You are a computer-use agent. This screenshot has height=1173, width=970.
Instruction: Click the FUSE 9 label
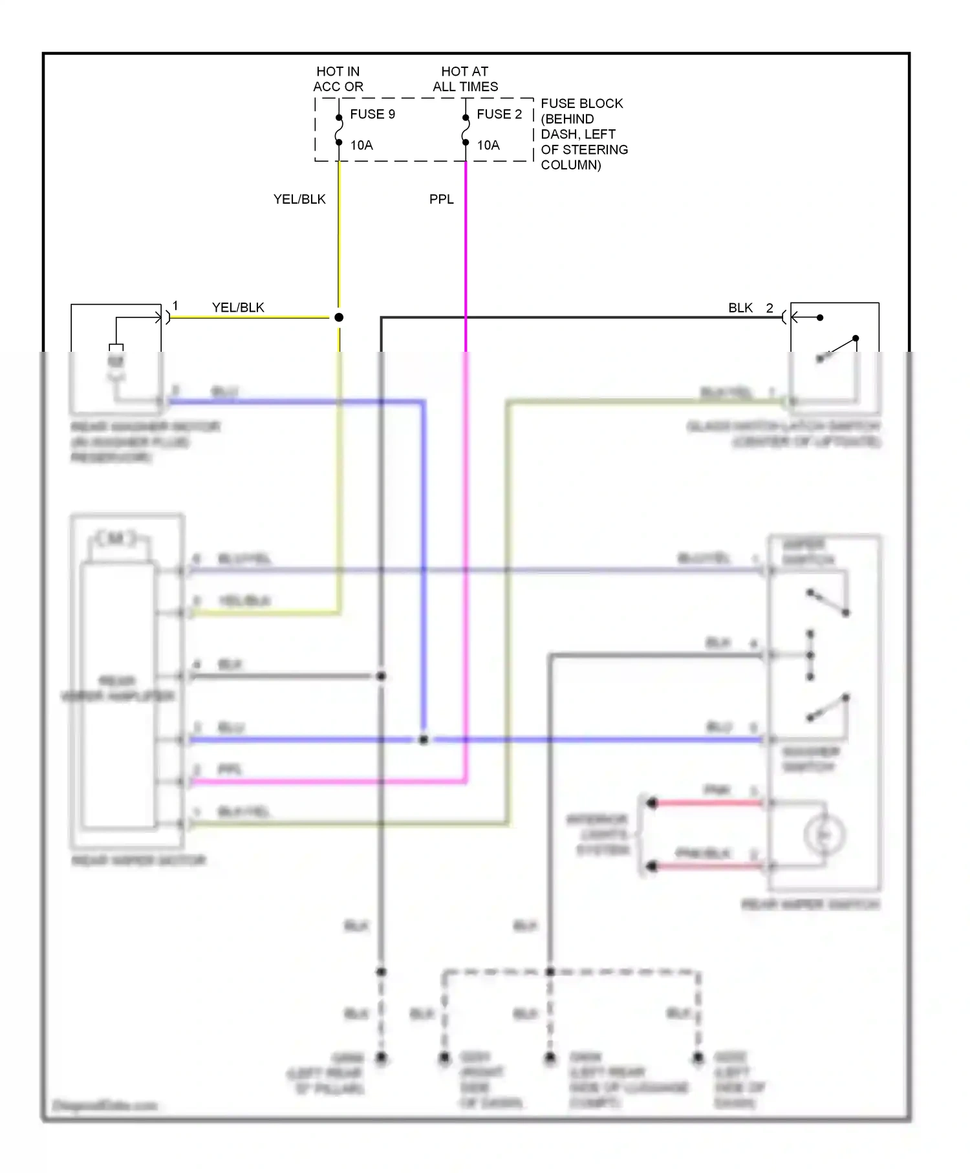coord(372,114)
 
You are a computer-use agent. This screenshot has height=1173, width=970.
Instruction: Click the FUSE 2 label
coord(499,114)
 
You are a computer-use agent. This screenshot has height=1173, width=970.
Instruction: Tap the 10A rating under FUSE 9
coord(361,145)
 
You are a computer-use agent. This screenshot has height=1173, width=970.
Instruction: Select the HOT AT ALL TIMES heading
coord(465,79)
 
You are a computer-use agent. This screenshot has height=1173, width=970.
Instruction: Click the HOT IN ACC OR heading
coord(338,79)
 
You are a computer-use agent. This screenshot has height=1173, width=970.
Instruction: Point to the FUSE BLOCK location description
coord(583,134)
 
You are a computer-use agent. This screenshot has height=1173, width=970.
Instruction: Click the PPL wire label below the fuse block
coord(441,199)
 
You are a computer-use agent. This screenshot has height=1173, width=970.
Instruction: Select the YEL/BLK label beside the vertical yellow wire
coord(299,199)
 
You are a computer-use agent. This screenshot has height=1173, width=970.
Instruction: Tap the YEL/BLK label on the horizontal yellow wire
coord(238,308)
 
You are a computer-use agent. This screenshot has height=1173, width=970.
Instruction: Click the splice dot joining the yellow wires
coord(339,317)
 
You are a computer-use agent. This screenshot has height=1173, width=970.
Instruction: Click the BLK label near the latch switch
coord(740,308)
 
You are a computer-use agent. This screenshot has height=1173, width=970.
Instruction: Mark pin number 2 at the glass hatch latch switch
coord(770,308)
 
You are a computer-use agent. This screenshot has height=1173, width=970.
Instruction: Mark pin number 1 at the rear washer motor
coord(175,306)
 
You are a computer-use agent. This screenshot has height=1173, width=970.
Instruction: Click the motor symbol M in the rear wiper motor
coord(116,538)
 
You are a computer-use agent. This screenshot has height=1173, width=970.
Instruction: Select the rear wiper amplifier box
coord(118,695)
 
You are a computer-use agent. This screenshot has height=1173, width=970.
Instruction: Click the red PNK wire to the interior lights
coord(708,803)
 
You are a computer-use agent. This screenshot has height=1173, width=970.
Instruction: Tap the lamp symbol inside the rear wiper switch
coord(824,835)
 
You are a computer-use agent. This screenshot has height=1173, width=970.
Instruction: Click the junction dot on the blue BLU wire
coord(424,740)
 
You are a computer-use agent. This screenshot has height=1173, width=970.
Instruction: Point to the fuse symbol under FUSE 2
coord(466,130)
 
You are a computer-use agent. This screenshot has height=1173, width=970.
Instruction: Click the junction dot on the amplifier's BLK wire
coord(381,676)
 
